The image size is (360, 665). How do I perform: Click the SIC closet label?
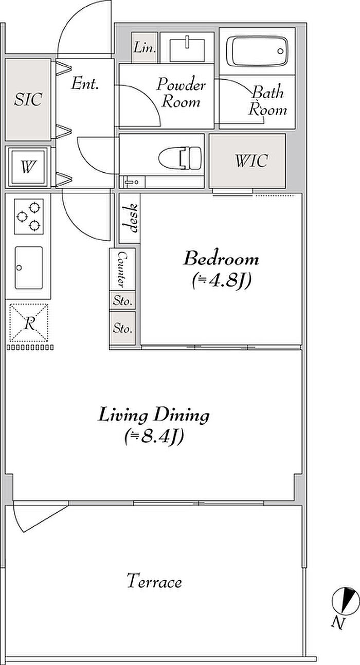[x=28, y=99]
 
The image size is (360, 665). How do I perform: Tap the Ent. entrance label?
[x=85, y=83]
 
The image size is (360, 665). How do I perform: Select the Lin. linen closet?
[x=144, y=47]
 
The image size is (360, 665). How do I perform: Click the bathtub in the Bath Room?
[x=257, y=51]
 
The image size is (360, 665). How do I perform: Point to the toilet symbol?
[x=180, y=158]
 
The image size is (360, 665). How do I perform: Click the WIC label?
[x=251, y=160]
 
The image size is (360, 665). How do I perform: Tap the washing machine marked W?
[x=28, y=167]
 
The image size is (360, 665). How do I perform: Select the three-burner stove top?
[x=29, y=217]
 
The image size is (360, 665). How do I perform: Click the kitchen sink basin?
[x=29, y=267]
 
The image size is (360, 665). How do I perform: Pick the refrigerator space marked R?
[x=29, y=322]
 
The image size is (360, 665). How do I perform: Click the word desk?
[x=131, y=218]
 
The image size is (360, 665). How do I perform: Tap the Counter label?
[x=122, y=269]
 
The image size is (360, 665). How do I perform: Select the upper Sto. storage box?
[x=122, y=300]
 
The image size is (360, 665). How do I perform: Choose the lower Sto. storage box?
[x=122, y=328]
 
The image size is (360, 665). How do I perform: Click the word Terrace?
[x=154, y=581]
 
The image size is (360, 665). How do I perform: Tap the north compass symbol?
[x=341, y=601]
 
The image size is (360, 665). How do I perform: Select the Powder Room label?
[x=181, y=93]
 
